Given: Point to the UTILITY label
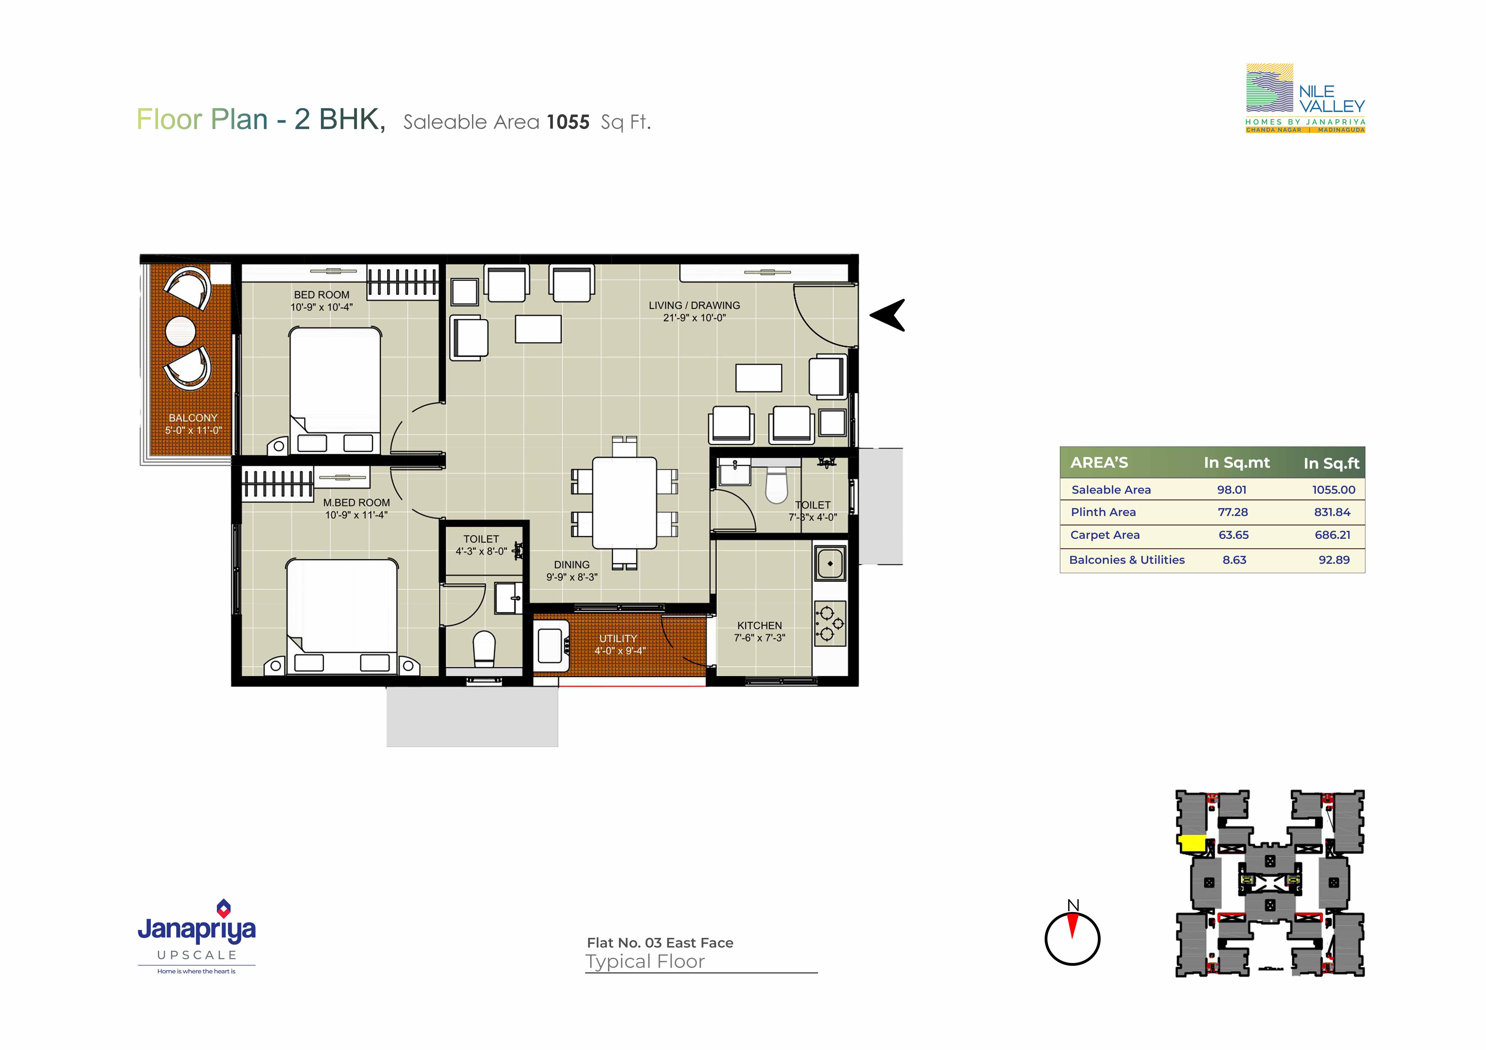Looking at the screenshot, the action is point(618,638).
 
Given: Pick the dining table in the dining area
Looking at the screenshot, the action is point(624,503).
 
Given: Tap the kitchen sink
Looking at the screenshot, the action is point(830,563).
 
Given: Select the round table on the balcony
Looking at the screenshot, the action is point(181,331).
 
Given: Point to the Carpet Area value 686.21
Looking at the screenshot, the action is point(1333,535).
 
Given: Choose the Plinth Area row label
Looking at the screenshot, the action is point(1103,512).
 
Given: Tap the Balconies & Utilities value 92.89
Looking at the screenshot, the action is point(1334,560).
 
